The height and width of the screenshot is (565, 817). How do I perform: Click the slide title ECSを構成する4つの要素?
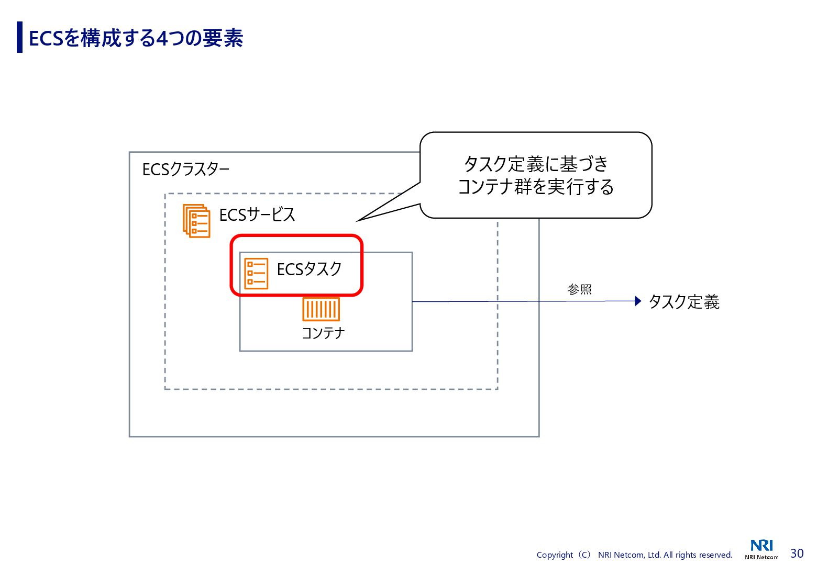[x=136, y=38]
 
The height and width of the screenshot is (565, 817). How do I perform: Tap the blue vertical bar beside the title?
[x=20, y=37]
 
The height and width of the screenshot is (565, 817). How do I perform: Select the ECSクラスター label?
[x=185, y=169]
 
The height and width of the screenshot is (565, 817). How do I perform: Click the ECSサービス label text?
[x=257, y=214]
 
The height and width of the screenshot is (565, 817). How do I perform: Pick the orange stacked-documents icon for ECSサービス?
[x=196, y=221]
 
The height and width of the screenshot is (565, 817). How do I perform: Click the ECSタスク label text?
[x=309, y=269]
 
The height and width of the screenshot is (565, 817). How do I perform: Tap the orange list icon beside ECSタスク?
[x=256, y=273]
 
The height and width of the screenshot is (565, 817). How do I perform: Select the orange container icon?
[x=321, y=309]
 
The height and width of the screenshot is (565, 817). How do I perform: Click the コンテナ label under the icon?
[x=323, y=333]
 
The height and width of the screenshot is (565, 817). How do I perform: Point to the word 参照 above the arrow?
[x=579, y=289]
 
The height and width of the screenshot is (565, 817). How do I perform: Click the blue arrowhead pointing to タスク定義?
[x=637, y=301]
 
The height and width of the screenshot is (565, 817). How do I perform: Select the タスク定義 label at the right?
[x=684, y=302]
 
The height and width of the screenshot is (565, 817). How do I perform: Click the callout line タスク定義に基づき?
[x=536, y=164]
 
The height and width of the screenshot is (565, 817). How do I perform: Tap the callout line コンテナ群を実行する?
[x=536, y=187]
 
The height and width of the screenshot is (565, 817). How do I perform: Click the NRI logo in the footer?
[x=761, y=546]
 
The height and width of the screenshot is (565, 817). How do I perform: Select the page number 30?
[x=797, y=553]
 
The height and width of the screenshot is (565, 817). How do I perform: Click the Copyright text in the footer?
[x=634, y=555]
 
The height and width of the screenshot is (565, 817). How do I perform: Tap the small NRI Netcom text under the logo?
[x=761, y=557]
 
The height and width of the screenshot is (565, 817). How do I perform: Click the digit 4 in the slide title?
[x=162, y=39]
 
